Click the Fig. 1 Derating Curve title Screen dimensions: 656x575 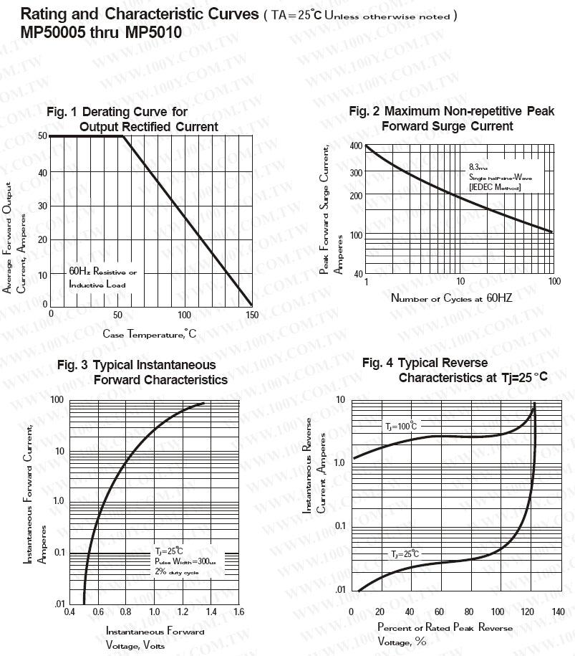[117, 112]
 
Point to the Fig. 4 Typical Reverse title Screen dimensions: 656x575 [425, 363]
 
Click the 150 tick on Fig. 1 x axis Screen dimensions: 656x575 [251, 314]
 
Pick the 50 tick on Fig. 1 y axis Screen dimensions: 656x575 [43, 136]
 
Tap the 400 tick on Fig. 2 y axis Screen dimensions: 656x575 [356, 146]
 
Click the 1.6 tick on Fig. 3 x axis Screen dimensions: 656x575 [238, 612]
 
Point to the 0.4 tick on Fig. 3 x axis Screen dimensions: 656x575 [69, 612]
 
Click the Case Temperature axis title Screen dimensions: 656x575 [149, 333]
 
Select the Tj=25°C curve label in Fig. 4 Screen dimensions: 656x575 [405, 554]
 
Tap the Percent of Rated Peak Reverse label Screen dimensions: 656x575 [445, 628]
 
